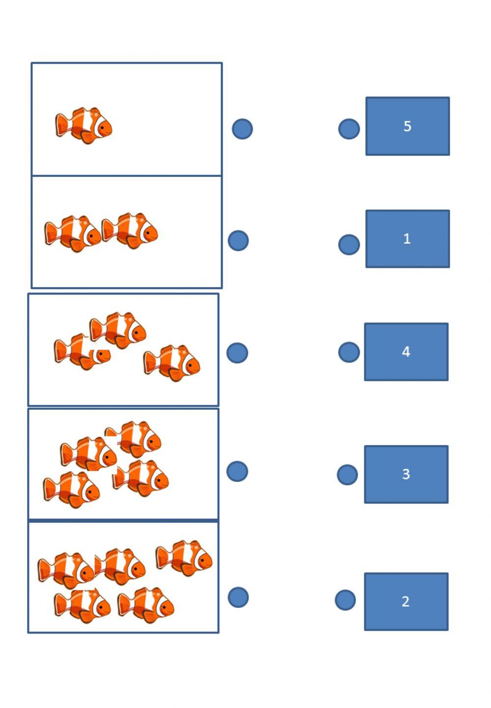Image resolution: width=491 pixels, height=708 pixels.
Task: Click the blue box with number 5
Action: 407,126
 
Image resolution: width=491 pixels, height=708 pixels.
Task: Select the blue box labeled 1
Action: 407,239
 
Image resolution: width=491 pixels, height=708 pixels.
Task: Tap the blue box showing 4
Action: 406,352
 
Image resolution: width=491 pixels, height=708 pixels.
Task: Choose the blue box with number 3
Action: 406,474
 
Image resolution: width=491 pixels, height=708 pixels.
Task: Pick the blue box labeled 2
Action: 406,601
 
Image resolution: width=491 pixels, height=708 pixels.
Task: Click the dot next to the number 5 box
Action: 349,129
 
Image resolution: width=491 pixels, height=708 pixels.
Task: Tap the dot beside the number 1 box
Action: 349,244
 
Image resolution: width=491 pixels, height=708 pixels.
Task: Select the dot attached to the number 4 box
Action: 349,352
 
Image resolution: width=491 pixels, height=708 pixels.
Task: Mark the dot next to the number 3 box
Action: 348,475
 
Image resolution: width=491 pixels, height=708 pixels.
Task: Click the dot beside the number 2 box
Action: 345,600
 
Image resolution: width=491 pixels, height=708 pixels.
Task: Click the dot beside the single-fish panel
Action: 242,129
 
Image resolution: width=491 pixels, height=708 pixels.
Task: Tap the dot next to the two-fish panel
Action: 239,241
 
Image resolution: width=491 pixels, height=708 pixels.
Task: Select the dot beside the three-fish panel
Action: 237,353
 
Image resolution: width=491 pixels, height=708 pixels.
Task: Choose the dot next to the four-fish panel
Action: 237,471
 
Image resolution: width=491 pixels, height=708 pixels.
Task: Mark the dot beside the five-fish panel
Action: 238,597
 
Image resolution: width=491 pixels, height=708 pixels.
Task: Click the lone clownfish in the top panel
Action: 84,126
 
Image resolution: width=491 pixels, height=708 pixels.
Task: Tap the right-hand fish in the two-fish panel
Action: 130,230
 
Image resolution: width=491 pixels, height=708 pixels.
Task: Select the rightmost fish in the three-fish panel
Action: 172,363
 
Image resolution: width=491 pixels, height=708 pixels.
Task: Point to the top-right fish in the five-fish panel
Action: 184,558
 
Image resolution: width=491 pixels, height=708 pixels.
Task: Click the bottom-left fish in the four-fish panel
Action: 72,489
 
